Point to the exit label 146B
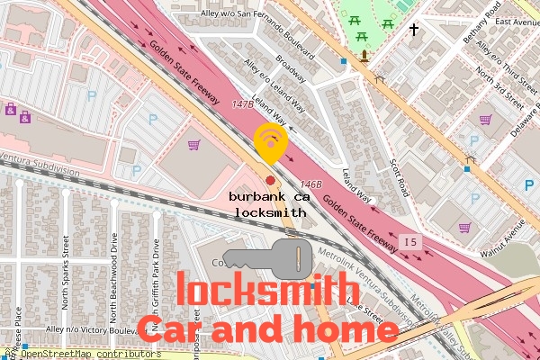[311, 183]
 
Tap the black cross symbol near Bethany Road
[415, 30]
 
